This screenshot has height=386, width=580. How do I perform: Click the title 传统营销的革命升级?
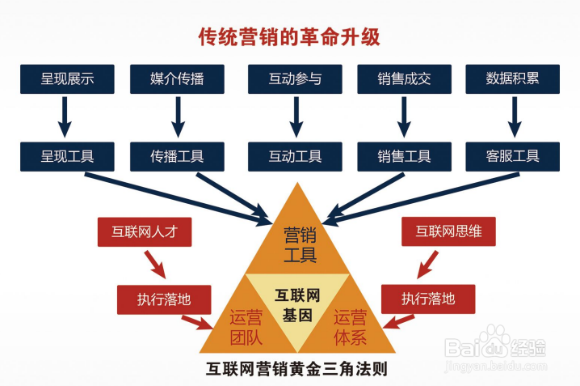[290, 36]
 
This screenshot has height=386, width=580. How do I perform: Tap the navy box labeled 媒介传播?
[177, 79]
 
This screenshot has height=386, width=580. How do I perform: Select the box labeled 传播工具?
[177, 155]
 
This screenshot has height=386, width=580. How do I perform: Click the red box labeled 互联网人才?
[144, 231]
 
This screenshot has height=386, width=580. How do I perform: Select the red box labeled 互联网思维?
[449, 231]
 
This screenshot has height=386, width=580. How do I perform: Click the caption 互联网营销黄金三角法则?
[298, 369]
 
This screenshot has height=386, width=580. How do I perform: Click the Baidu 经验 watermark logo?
[497, 347]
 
